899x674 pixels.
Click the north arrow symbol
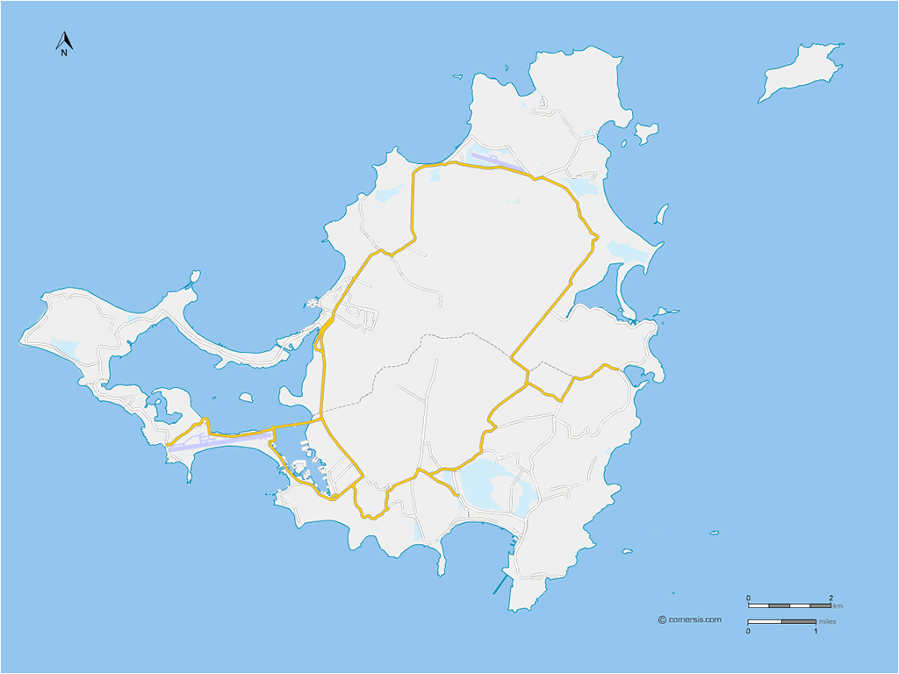pyautogui.click(x=64, y=39)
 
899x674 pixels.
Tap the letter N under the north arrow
pyautogui.click(x=64, y=53)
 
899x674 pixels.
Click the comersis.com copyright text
pyautogui.click(x=694, y=620)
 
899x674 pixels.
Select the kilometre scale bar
pyautogui.click(x=789, y=606)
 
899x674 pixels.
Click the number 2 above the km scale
pyautogui.click(x=831, y=598)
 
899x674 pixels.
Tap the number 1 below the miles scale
pyautogui.click(x=816, y=630)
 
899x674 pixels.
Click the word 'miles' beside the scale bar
pyautogui.click(x=827, y=621)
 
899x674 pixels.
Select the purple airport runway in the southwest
pyautogui.click(x=219, y=441)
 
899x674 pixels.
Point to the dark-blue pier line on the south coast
pyautogui.click(x=501, y=583)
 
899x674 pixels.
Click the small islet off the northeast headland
pyautogui.click(x=646, y=133)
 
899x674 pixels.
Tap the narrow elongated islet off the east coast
pyautogui.click(x=662, y=213)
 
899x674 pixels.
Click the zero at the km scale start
pyautogui.click(x=749, y=598)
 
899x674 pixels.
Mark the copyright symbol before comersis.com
pyautogui.click(x=661, y=620)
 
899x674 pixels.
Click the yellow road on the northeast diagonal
pyautogui.click(x=553, y=303)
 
